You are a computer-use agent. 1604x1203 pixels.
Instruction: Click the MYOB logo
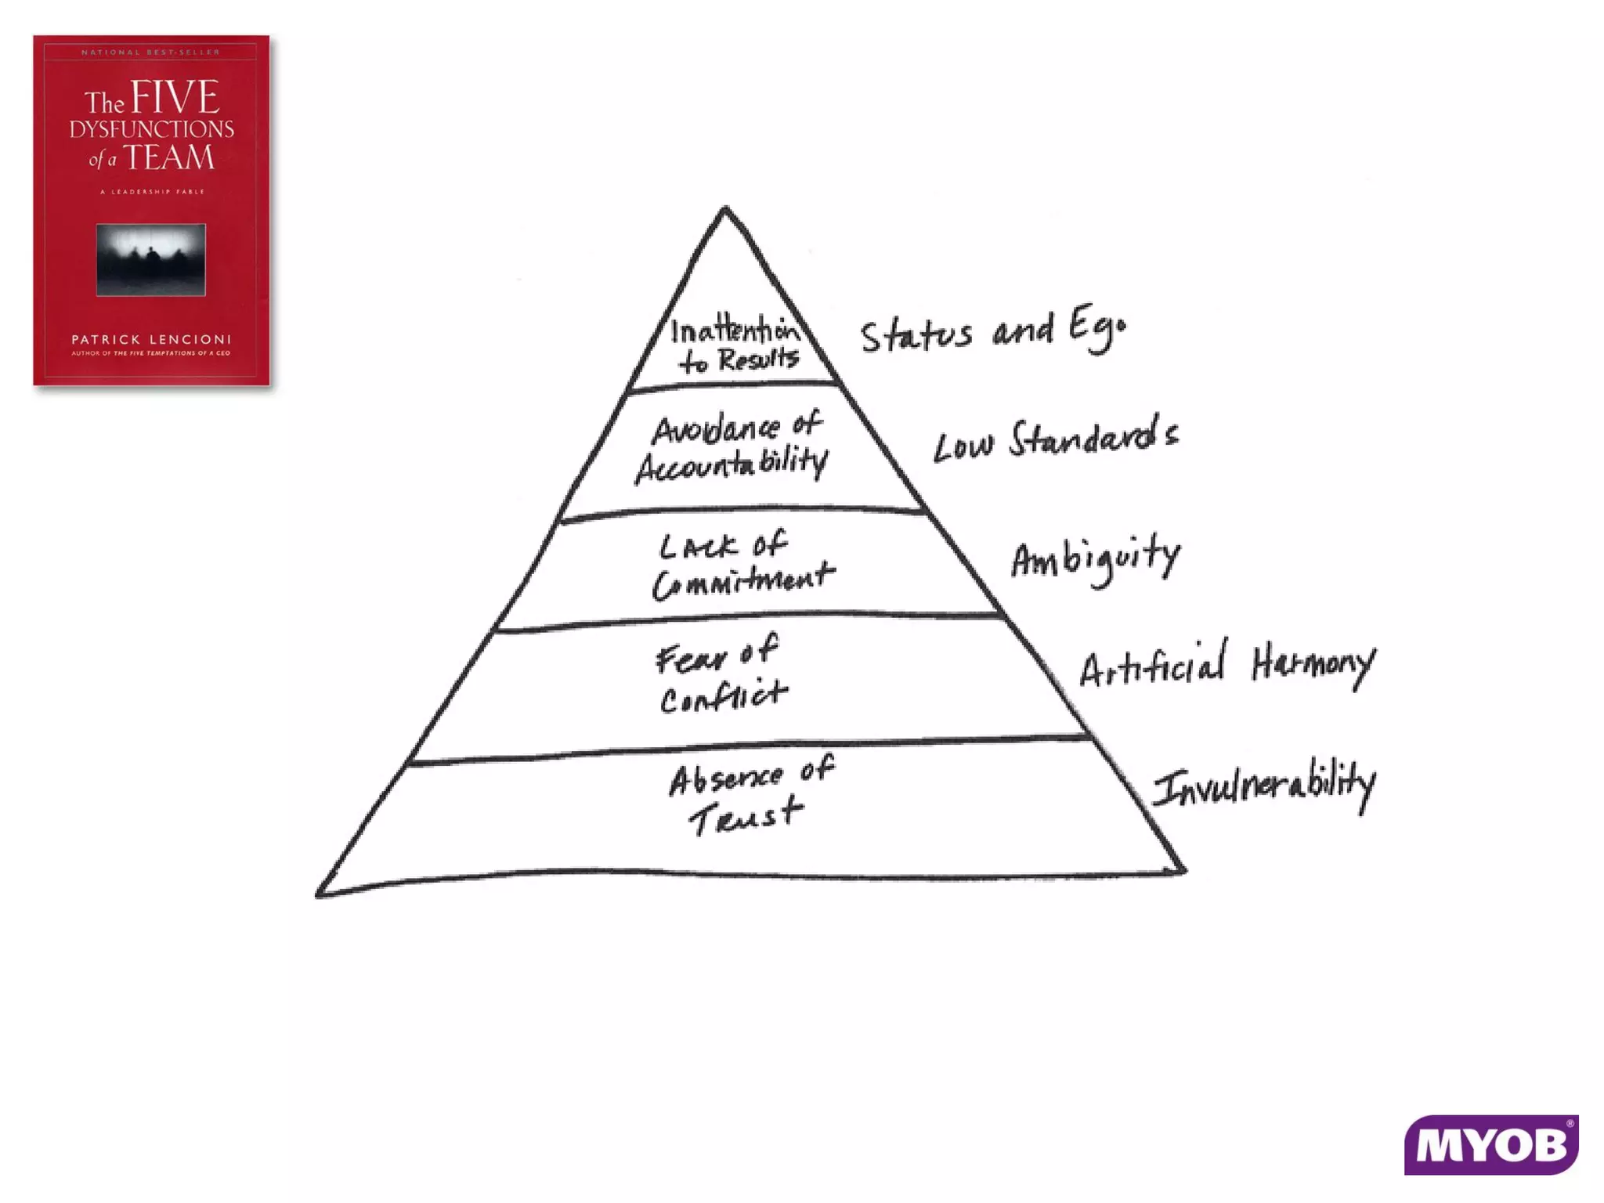pyautogui.click(x=1490, y=1145)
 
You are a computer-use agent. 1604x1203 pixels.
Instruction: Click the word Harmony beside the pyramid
pyautogui.click(x=1312, y=666)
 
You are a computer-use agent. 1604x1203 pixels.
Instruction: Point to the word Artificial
pyautogui.click(x=1152, y=666)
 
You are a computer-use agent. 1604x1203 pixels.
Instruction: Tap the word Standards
pyautogui.click(x=1093, y=437)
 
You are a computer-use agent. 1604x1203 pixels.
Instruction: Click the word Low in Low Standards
pyautogui.click(x=963, y=446)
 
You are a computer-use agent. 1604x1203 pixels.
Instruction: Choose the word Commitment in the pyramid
pyautogui.click(x=742, y=581)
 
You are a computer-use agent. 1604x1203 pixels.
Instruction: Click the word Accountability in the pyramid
pyautogui.click(x=731, y=465)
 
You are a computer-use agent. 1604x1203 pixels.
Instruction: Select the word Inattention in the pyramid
pyautogui.click(x=734, y=331)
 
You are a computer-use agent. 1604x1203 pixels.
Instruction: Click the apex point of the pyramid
pyautogui.click(x=725, y=209)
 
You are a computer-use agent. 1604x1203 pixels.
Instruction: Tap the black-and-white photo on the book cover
pyautogui.click(x=151, y=260)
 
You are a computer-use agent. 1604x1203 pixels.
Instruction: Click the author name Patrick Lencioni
pyautogui.click(x=151, y=339)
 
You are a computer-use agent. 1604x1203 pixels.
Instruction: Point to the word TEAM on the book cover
pyautogui.click(x=168, y=158)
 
